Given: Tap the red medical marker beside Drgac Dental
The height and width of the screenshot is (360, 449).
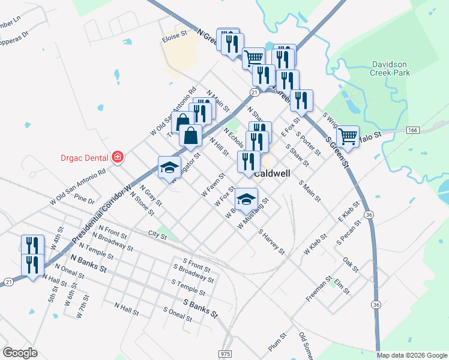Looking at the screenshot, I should [x=118, y=157].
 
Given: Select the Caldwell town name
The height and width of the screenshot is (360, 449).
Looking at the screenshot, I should [x=273, y=173].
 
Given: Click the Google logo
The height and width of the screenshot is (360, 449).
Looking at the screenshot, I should [x=20, y=353].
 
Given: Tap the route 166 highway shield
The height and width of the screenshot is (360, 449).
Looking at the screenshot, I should [x=412, y=130].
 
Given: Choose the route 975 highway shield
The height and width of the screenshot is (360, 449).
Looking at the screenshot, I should [x=225, y=355].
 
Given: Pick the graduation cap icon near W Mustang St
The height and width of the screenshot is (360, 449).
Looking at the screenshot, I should [x=246, y=199].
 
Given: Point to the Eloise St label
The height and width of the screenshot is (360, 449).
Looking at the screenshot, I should [x=175, y=35].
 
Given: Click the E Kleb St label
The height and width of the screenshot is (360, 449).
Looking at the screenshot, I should [x=348, y=212].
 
